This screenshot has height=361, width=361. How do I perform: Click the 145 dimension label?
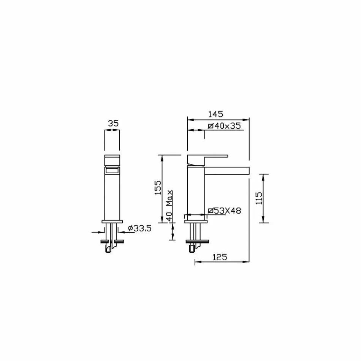pyautogui.click(x=215, y=114)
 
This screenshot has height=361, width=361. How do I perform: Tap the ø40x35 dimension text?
pyautogui.click(x=224, y=126)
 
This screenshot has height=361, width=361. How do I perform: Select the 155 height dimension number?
pyautogui.click(x=158, y=188)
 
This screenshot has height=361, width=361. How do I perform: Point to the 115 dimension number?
pyautogui.click(x=259, y=198)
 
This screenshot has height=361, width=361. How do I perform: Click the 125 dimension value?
pyautogui.click(x=219, y=257)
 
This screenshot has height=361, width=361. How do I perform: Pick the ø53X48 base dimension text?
pyautogui.click(x=225, y=211)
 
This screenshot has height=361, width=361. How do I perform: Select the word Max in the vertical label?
pyautogui.click(x=170, y=198)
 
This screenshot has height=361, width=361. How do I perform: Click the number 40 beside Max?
pyautogui.click(x=170, y=216)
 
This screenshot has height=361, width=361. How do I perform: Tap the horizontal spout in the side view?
pyautogui.click(x=227, y=171)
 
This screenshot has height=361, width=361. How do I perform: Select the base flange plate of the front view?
pyautogui.click(x=112, y=221)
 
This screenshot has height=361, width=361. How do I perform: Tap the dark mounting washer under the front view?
pyautogui.click(x=112, y=241)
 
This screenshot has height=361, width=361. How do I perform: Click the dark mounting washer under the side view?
pyautogui.click(x=197, y=241)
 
